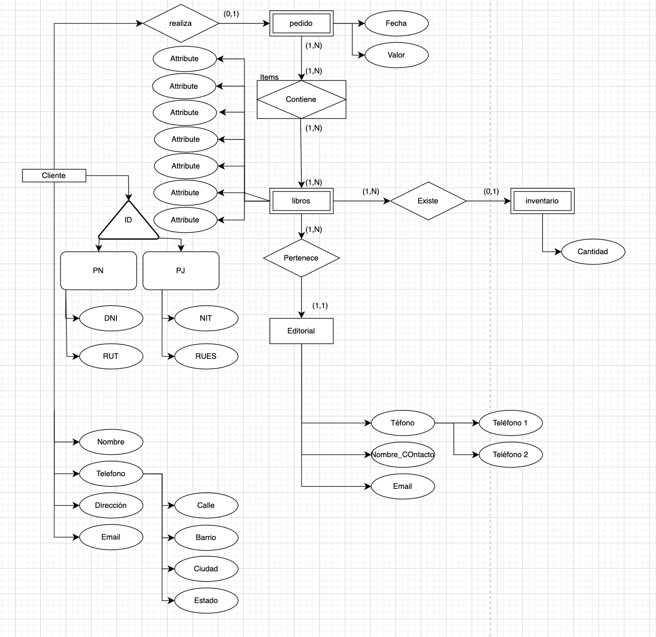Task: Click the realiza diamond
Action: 180,24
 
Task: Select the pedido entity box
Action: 301,24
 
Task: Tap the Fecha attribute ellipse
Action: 396,24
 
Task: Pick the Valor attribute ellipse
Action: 396,55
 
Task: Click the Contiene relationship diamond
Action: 301,100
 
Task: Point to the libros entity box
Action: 301,201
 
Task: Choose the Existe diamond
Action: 428,201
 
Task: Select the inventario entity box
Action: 542,201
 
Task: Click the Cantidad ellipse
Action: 593,252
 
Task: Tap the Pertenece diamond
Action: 301,258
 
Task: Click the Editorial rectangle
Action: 301,331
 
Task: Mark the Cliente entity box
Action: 54,176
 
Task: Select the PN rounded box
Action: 98,271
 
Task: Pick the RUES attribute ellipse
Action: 206,357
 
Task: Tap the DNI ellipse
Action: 111,318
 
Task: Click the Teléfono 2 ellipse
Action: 510,455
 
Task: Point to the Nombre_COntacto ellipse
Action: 403,455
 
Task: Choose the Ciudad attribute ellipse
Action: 206,569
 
